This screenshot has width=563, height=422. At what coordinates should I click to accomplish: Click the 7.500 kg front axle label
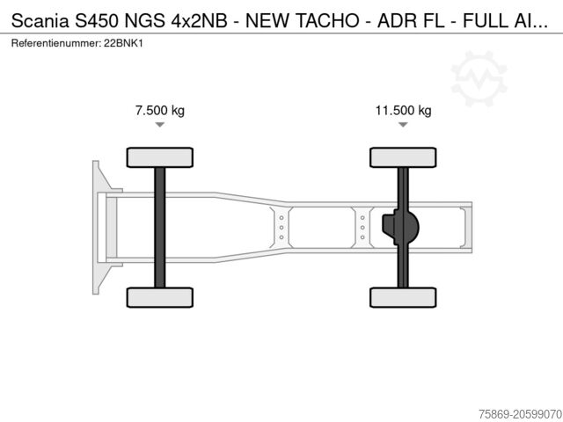click(x=159, y=111)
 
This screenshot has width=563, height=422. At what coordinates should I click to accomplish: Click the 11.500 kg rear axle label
click(x=403, y=111)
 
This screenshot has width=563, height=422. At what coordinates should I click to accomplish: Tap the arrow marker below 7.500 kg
click(x=159, y=126)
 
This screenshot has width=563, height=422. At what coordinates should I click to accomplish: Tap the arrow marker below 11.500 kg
click(x=403, y=126)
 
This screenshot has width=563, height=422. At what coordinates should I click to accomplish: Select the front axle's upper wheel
click(x=159, y=157)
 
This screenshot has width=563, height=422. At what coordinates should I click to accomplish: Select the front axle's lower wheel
click(x=159, y=297)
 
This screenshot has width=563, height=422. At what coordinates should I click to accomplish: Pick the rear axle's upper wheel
click(x=403, y=157)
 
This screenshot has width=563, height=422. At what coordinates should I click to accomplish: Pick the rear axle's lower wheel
click(x=403, y=297)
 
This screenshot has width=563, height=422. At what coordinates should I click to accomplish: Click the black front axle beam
click(x=159, y=227)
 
